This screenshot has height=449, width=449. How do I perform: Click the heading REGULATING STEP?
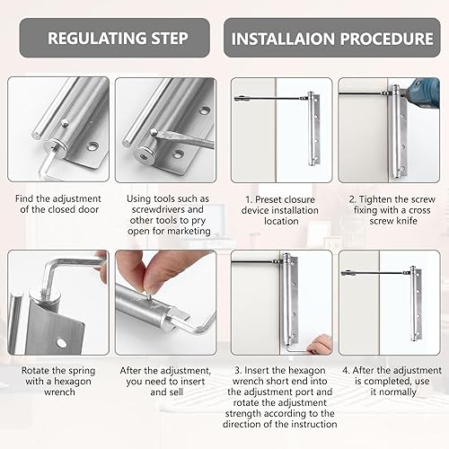click(x=118, y=39)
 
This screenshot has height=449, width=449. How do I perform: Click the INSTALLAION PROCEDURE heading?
click(x=332, y=39)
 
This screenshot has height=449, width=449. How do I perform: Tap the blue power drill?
click(x=425, y=95)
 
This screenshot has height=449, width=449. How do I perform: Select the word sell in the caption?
click(x=175, y=392)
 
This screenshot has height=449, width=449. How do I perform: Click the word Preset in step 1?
click(x=269, y=199)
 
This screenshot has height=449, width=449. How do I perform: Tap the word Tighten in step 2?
click(x=375, y=199)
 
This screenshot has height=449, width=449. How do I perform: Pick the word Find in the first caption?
click(x=24, y=198)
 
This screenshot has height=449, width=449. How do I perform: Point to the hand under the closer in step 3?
click(x=319, y=345)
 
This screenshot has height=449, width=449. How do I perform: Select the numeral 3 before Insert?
click(x=238, y=371)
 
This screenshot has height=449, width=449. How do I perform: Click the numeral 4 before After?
click(x=346, y=371)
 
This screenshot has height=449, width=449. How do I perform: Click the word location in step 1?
click(x=281, y=221)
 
